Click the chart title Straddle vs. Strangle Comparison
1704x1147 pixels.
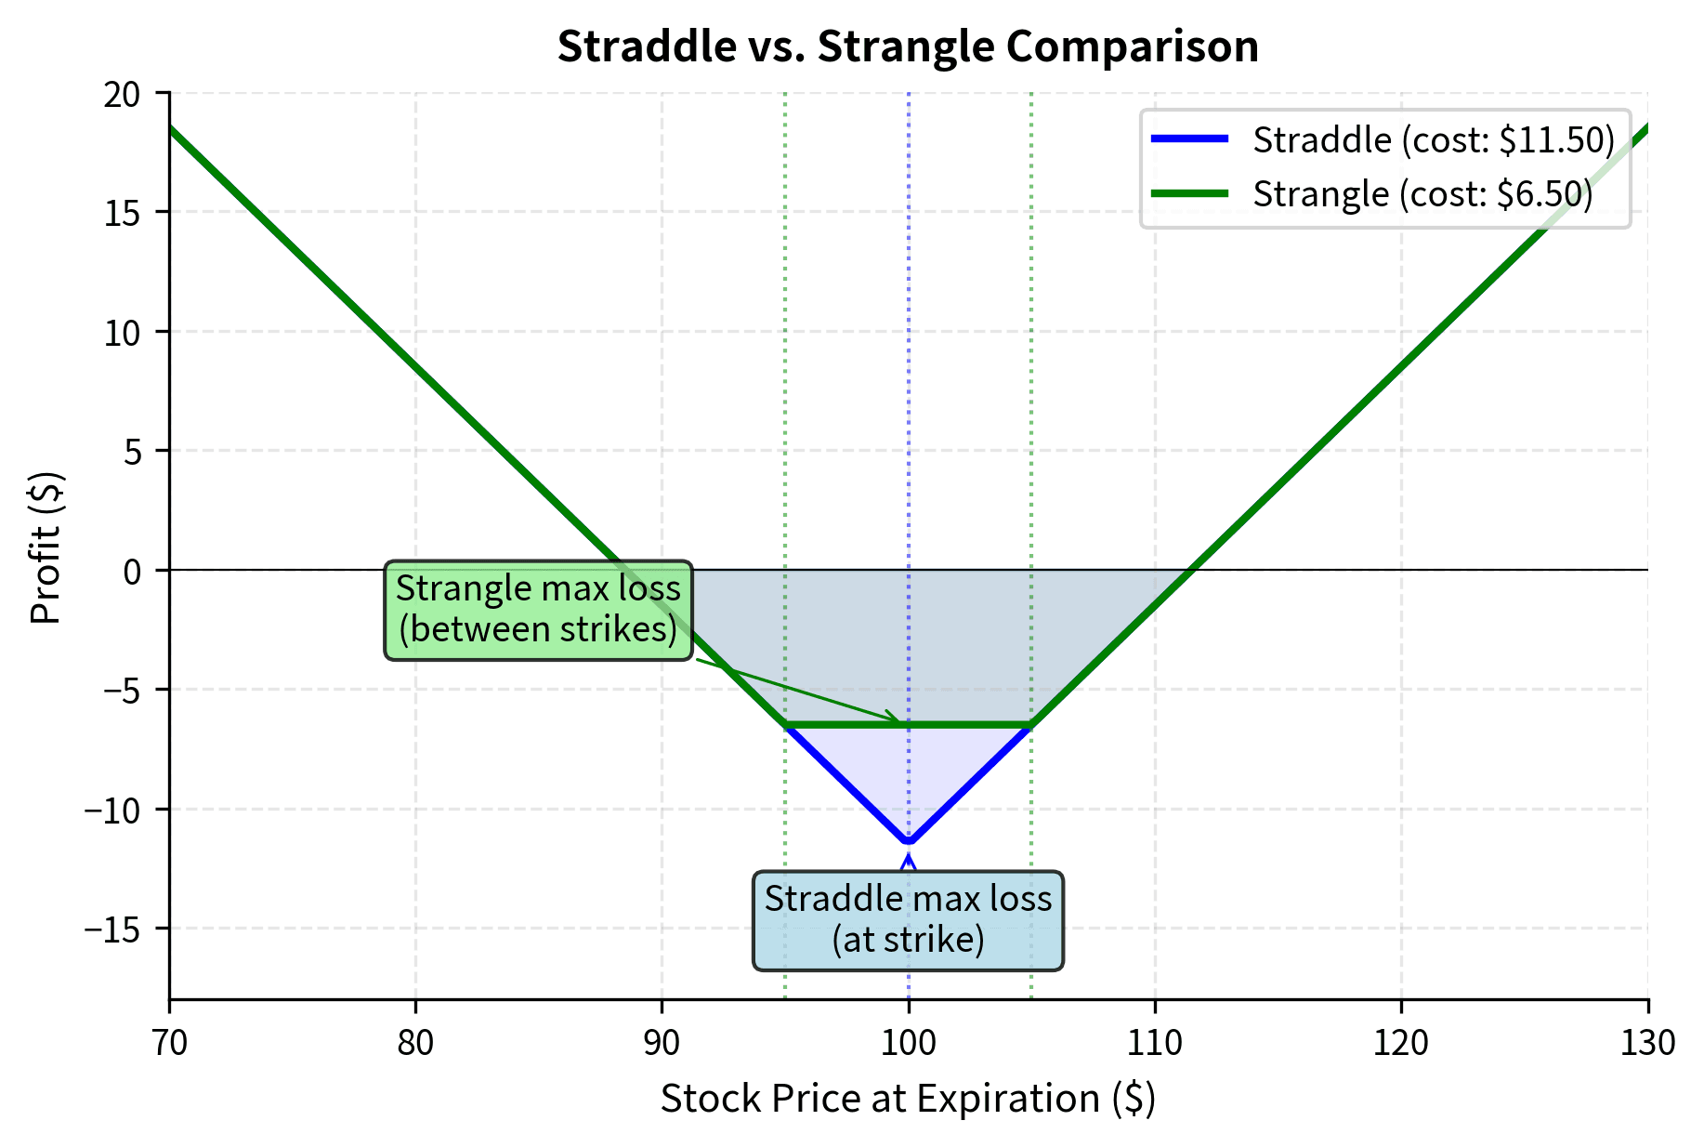pyautogui.click(x=908, y=46)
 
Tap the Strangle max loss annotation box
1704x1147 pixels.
pyautogui.click(x=538, y=610)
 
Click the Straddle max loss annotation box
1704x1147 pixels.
pyautogui.click(x=908, y=920)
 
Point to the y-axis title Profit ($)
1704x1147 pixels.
pyautogui.click(x=46, y=548)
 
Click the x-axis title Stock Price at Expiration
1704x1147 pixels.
pyautogui.click(x=908, y=1099)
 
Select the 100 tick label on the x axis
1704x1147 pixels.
pyautogui.click(x=908, y=1044)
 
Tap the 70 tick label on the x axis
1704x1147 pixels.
pyautogui.click(x=169, y=1044)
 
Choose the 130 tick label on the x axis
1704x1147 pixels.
pyautogui.click(x=1647, y=1044)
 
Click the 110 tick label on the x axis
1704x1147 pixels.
pyautogui.click(x=1155, y=1044)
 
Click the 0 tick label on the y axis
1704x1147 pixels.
pyautogui.click(x=132, y=571)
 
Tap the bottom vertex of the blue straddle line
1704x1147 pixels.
pyautogui.click(x=909, y=842)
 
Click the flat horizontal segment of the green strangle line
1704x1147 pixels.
pyautogui.click(x=966, y=725)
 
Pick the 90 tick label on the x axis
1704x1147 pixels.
pyautogui.click(x=662, y=1044)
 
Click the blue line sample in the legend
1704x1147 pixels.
pyautogui.click(x=1189, y=139)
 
